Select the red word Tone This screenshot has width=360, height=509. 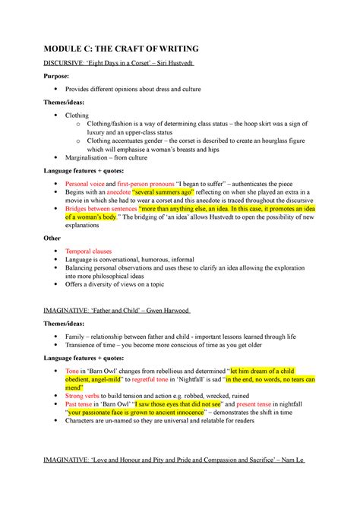pyautogui.click(x=74, y=370)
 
